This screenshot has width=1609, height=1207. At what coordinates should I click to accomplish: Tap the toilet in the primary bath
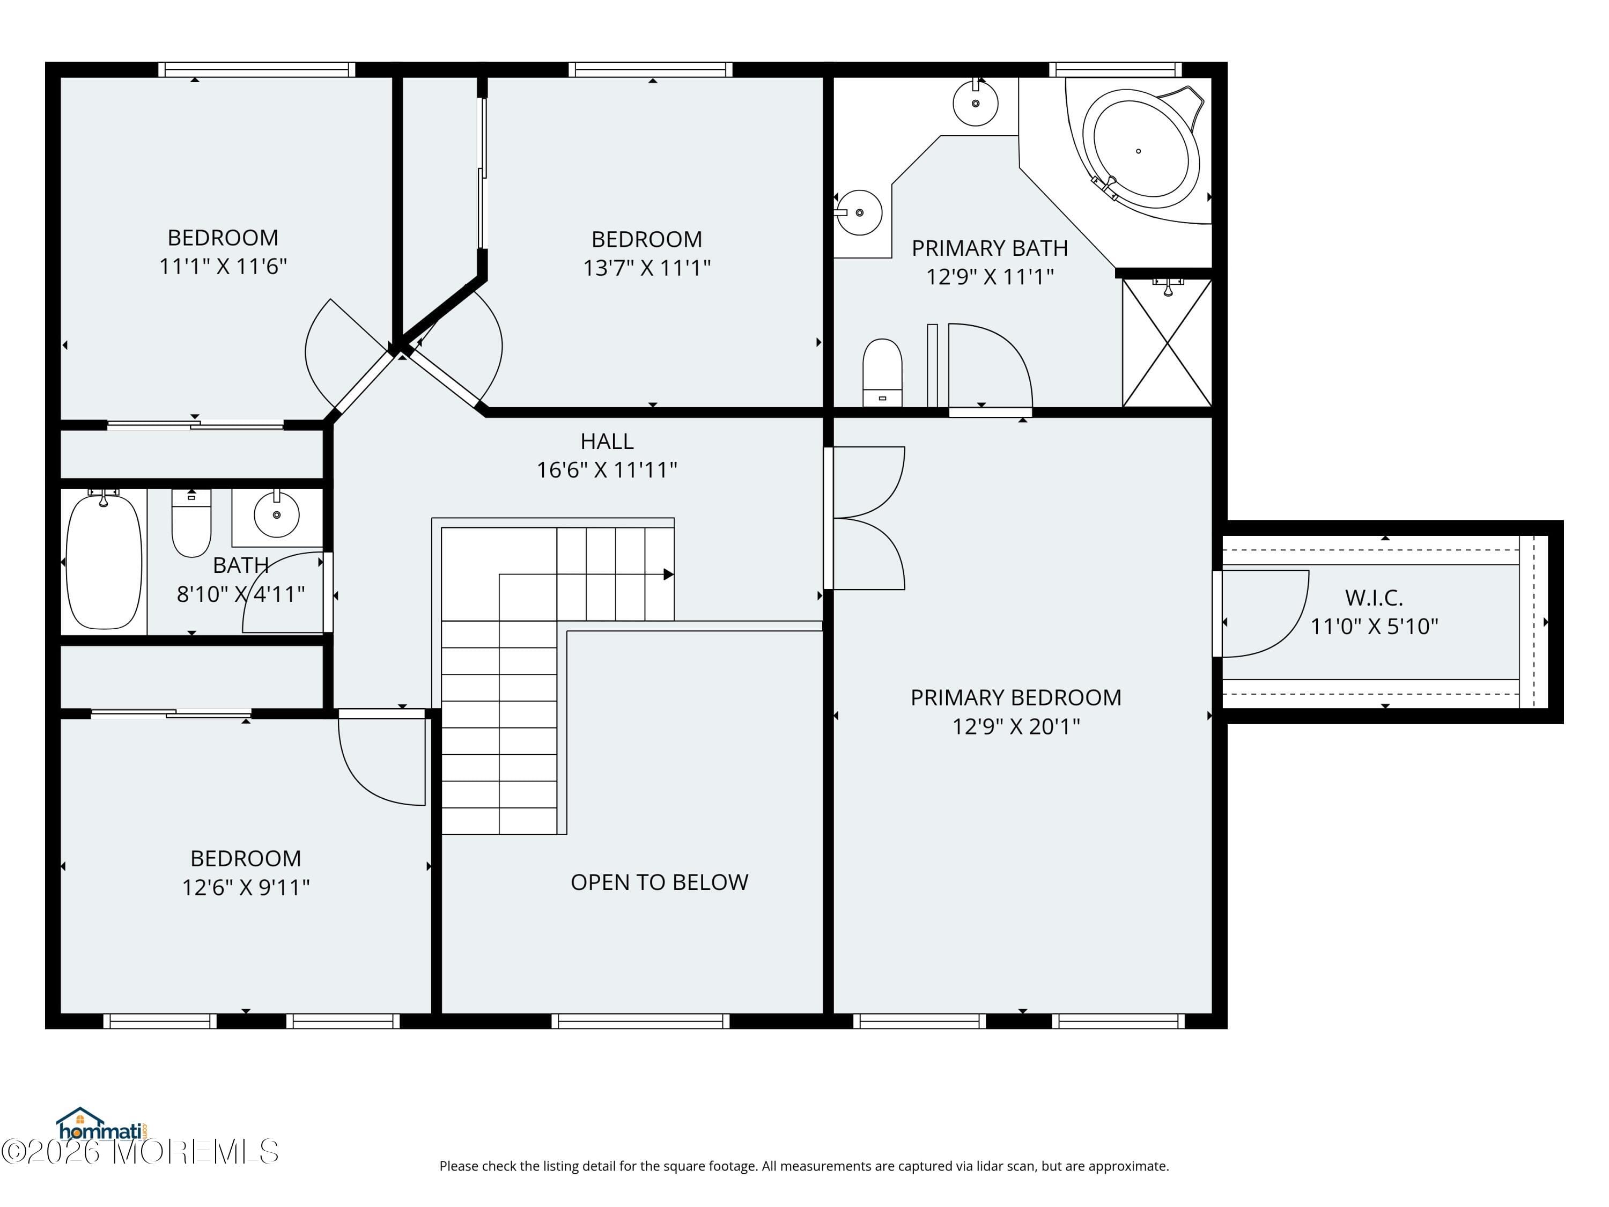pos(882,372)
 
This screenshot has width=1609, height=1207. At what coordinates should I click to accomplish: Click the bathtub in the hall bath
pos(104,561)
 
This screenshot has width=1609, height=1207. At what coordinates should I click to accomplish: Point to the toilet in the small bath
pos(191,523)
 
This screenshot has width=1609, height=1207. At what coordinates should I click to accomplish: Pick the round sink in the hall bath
pos(276,514)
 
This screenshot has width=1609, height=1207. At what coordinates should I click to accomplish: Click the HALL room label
pos(607,441)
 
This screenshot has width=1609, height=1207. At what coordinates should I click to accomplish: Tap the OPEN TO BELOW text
pos(659,882)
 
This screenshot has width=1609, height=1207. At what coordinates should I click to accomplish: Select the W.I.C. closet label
pos(1374,598)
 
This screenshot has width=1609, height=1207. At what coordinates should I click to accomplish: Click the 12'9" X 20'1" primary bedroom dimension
pos(1016,726)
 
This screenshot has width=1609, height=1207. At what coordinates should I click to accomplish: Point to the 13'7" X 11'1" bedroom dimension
pos(647,268)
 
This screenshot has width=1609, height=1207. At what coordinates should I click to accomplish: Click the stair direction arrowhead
pos(668,575)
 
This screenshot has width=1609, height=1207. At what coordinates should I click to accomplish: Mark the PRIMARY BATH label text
pos(989,248)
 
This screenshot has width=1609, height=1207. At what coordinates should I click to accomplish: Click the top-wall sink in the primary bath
pos(976,102)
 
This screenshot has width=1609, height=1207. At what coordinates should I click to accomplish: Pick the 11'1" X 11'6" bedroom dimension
pos(223,266)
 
